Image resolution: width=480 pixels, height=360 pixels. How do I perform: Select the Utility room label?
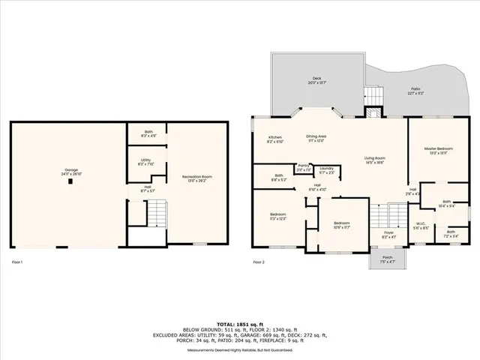point(144,161)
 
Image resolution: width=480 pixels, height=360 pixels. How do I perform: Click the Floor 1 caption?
point(17,262)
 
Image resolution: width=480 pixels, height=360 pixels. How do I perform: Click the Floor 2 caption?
point(258,262)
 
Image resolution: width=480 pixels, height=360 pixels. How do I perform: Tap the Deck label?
point(316,79)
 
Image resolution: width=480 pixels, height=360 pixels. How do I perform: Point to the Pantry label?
point(303,167)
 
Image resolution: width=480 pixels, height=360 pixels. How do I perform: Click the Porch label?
point(388,260)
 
